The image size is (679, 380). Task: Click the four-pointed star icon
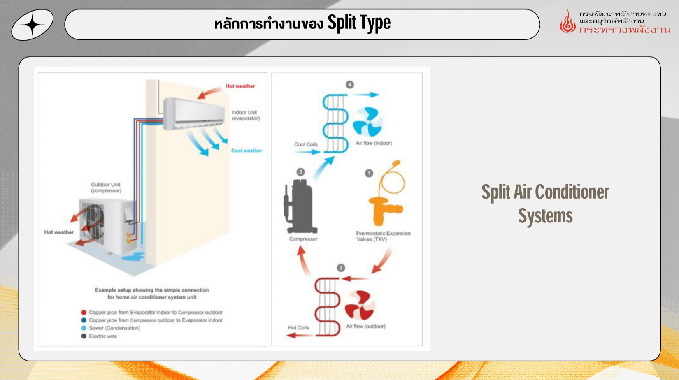click(33, 25)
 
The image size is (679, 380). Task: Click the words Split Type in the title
click(359, 23)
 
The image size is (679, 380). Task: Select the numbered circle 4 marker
click(350, 85)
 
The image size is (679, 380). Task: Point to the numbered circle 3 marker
click(300, 172)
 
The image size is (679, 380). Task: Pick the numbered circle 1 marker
click(369, 173)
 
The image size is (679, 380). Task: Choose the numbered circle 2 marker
click(341, 268)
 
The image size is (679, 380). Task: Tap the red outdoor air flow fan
click(360, 306)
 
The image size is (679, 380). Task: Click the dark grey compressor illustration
click(300, 207)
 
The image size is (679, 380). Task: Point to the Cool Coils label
click(305, 144)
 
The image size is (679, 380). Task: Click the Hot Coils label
click(298, 328)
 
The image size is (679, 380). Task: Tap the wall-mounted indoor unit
click(194, 114)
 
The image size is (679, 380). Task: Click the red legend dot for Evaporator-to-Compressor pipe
click(84, 313)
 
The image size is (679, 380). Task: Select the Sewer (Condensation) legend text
click(114, 328)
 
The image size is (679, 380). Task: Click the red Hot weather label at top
click(240, 86)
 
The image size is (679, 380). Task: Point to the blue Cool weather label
click(246, 151)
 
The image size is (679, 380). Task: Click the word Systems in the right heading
click(545, 216)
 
